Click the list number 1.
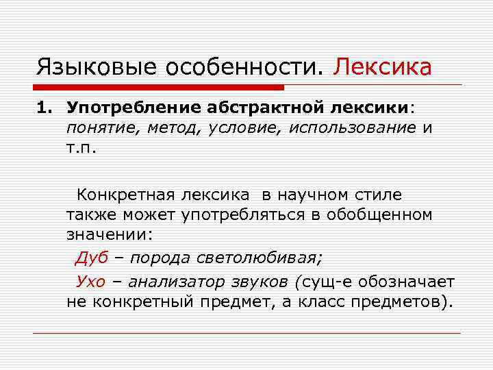(x=42, y=108)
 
